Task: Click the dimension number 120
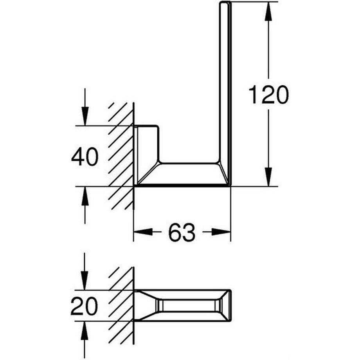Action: (x=268, y=95)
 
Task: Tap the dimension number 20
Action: (x=84, y=306)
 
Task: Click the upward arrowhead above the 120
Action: (x=268, y=12)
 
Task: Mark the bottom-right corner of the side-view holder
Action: (x=230, y=185)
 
